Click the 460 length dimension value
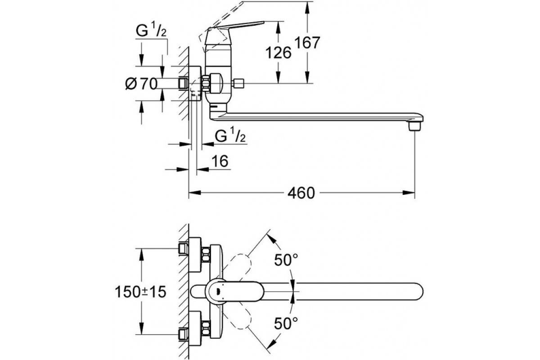pos(301,193)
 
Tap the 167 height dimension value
pos(307,43)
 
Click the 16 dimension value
pos(220,161)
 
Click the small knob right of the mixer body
pos(239,83)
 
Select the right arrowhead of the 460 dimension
pos(411,193)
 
